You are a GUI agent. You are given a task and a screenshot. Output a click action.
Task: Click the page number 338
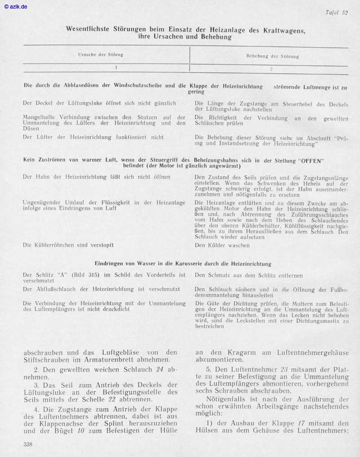(x=28, y=444)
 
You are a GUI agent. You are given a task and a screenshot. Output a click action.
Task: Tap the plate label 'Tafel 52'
(x=337, y=13)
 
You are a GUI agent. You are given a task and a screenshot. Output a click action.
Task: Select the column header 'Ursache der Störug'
(x=101, y=55)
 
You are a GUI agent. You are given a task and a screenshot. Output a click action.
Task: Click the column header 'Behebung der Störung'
(x=273, y=57)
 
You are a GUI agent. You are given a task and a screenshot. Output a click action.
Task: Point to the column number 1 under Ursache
(x=116, y=67)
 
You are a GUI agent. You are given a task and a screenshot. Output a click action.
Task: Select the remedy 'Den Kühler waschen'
(x=222, y=246)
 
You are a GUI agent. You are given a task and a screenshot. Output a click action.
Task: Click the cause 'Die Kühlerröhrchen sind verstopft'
(x=68, y=245)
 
